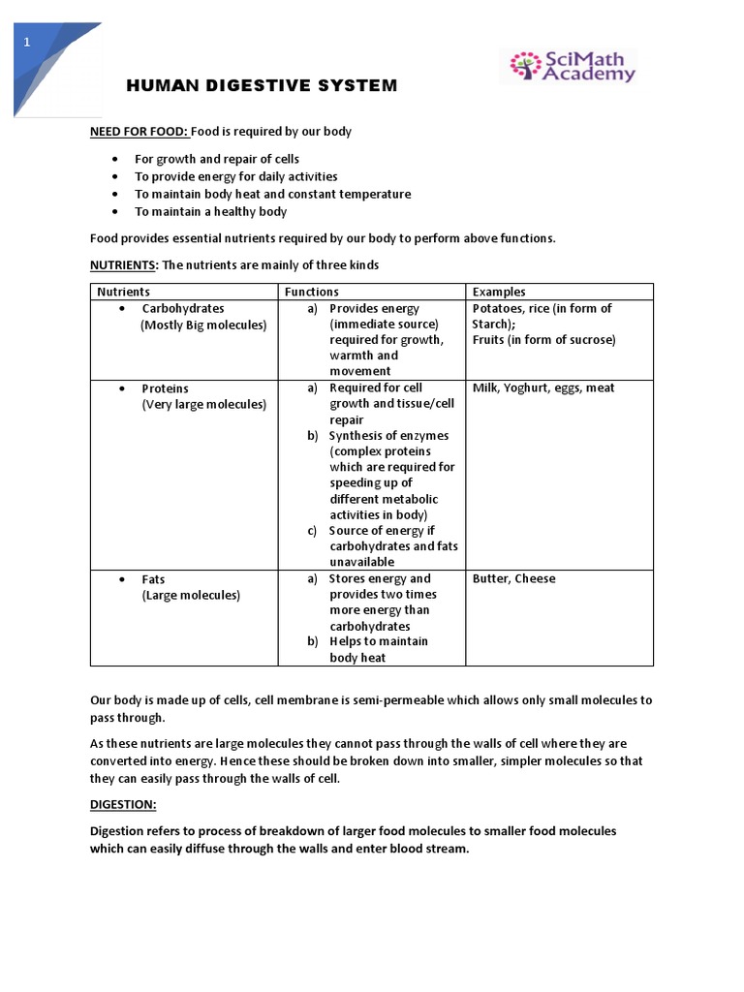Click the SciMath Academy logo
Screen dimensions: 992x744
568,67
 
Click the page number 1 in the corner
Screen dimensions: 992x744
27,42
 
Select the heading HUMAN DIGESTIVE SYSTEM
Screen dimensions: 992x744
262,86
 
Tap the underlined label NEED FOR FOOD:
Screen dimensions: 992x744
139,131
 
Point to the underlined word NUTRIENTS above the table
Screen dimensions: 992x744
123,264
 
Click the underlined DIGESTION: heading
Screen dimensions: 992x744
123,805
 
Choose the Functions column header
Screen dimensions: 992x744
311,292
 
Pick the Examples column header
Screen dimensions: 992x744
499,292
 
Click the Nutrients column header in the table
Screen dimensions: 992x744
124,292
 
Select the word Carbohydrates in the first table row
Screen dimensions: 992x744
183,309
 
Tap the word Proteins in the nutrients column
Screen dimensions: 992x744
165,388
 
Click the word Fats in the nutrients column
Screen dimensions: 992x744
153,579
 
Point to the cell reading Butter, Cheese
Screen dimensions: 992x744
513,579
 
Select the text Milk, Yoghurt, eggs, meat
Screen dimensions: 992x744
543,388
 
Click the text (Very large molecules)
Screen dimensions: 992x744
203,404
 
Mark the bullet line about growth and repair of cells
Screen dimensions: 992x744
217,159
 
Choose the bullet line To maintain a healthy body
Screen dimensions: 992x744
210,211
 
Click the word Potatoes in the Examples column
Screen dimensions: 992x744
498,309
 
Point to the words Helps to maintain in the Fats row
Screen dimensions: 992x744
378,641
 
